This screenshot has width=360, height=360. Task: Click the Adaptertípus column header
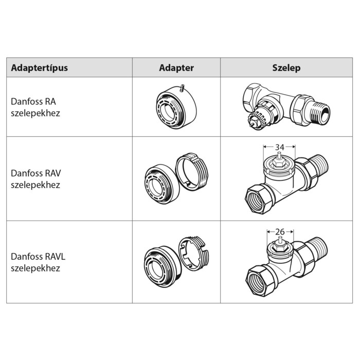pyautogui.click(x=39, y=68)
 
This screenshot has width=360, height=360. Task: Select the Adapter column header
pyautogui.click(x=176, y=68)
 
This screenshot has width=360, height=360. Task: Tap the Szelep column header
pyautogui.click(x=286, y=68)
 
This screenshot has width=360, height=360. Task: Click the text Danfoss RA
pyautogui.click(x=33, y=101)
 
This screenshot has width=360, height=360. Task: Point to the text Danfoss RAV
pyautogui.click(x=36, y=173)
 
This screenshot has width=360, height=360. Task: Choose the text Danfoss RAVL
pyautogui.click(x=38, y=257)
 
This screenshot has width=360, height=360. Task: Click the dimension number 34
pyautogui.click(x=280, y=147)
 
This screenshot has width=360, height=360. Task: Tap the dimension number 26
pyautogui.click(x=280, y=232)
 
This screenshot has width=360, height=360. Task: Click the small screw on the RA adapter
pyautogui.click(x=182, y=88)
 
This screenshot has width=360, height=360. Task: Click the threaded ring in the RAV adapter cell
pyautogui.click(x=192, y=171)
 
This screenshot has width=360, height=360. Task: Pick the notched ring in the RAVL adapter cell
pyautogui.click(x=194, y=254)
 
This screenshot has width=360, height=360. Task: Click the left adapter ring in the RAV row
pyautogui.click(x=163, y=184)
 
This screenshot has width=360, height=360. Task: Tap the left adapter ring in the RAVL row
pyautogui.click(x=163, y=267)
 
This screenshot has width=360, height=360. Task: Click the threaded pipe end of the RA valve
pyautogui.click(x=320, y=113)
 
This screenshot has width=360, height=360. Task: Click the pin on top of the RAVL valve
pyautogui.click(x=280, y=241)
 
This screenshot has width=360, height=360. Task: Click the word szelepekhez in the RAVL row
pyautogui.click(x=35, y=268)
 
